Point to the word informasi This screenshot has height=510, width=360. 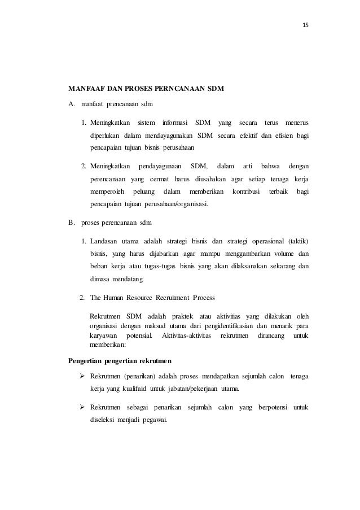point(173,123)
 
